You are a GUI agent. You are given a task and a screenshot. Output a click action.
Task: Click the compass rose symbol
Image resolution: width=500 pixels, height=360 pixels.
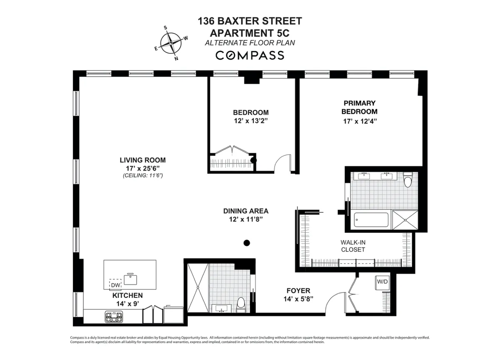tap(171, 43)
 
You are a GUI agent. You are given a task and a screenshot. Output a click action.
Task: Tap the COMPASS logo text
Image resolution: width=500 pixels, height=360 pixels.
tap(250, 55)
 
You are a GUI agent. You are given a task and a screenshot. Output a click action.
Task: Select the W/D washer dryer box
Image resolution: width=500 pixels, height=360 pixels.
tap(382, 282)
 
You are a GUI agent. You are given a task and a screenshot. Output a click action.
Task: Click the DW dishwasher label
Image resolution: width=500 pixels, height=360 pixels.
tap(115, 285)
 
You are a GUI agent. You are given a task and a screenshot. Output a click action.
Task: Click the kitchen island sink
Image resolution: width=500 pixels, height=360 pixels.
tap(130, 278)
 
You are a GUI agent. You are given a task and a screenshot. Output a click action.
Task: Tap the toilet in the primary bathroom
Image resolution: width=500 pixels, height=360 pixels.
tap(408, 180)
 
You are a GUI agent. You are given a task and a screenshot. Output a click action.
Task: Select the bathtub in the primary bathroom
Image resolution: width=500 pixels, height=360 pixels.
tap(371, 220)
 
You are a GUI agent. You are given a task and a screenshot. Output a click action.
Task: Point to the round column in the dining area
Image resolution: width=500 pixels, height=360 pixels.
tap(247, 242)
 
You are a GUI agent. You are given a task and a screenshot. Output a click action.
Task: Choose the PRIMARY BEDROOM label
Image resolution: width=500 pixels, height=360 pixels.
tap(359, 107)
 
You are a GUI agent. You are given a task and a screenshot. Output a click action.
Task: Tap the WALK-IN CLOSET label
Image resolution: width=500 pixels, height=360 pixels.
tap(352, 246)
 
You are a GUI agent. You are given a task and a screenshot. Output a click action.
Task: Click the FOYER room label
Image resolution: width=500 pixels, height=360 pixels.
tap(298, 290)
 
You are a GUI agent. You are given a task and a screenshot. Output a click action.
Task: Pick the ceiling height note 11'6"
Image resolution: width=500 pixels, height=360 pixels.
tap(142, 176)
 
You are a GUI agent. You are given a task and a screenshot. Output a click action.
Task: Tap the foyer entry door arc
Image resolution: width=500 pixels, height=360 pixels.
tap(333, 303)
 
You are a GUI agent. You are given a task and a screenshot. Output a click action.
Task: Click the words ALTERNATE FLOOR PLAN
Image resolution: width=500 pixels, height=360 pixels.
tap(250, 42)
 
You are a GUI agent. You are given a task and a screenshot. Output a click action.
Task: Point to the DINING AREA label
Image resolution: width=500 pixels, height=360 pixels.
tap(246, 211)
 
